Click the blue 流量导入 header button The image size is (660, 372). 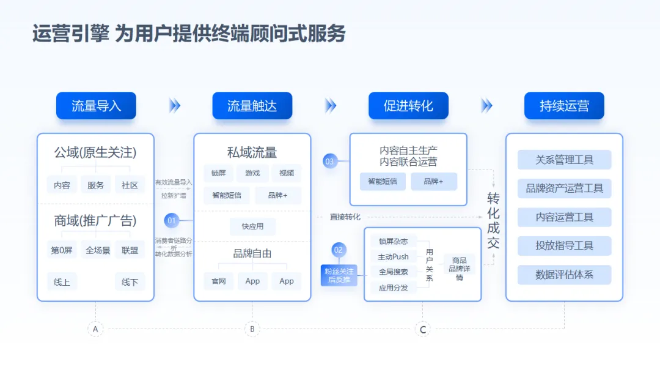96,106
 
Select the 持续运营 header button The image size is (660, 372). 564,106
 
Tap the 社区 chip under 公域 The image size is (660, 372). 130,185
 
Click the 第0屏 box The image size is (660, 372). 62,250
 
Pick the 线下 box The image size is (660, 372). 130,282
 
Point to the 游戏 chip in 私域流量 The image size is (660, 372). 252,173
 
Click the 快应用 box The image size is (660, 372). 252,226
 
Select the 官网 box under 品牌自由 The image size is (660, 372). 219,281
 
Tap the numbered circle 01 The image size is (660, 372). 172,220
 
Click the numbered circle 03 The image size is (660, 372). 330,162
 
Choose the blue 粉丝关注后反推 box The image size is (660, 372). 339,275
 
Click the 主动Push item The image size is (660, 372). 393,256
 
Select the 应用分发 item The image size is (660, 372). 393,287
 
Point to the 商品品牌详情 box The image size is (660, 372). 459,269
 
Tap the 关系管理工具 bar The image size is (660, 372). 564,160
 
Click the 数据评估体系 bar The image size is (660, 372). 564,275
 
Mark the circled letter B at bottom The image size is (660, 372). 252,329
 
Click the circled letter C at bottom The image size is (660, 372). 422,330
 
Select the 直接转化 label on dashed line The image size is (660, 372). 345,217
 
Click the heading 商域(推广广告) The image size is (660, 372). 95,221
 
